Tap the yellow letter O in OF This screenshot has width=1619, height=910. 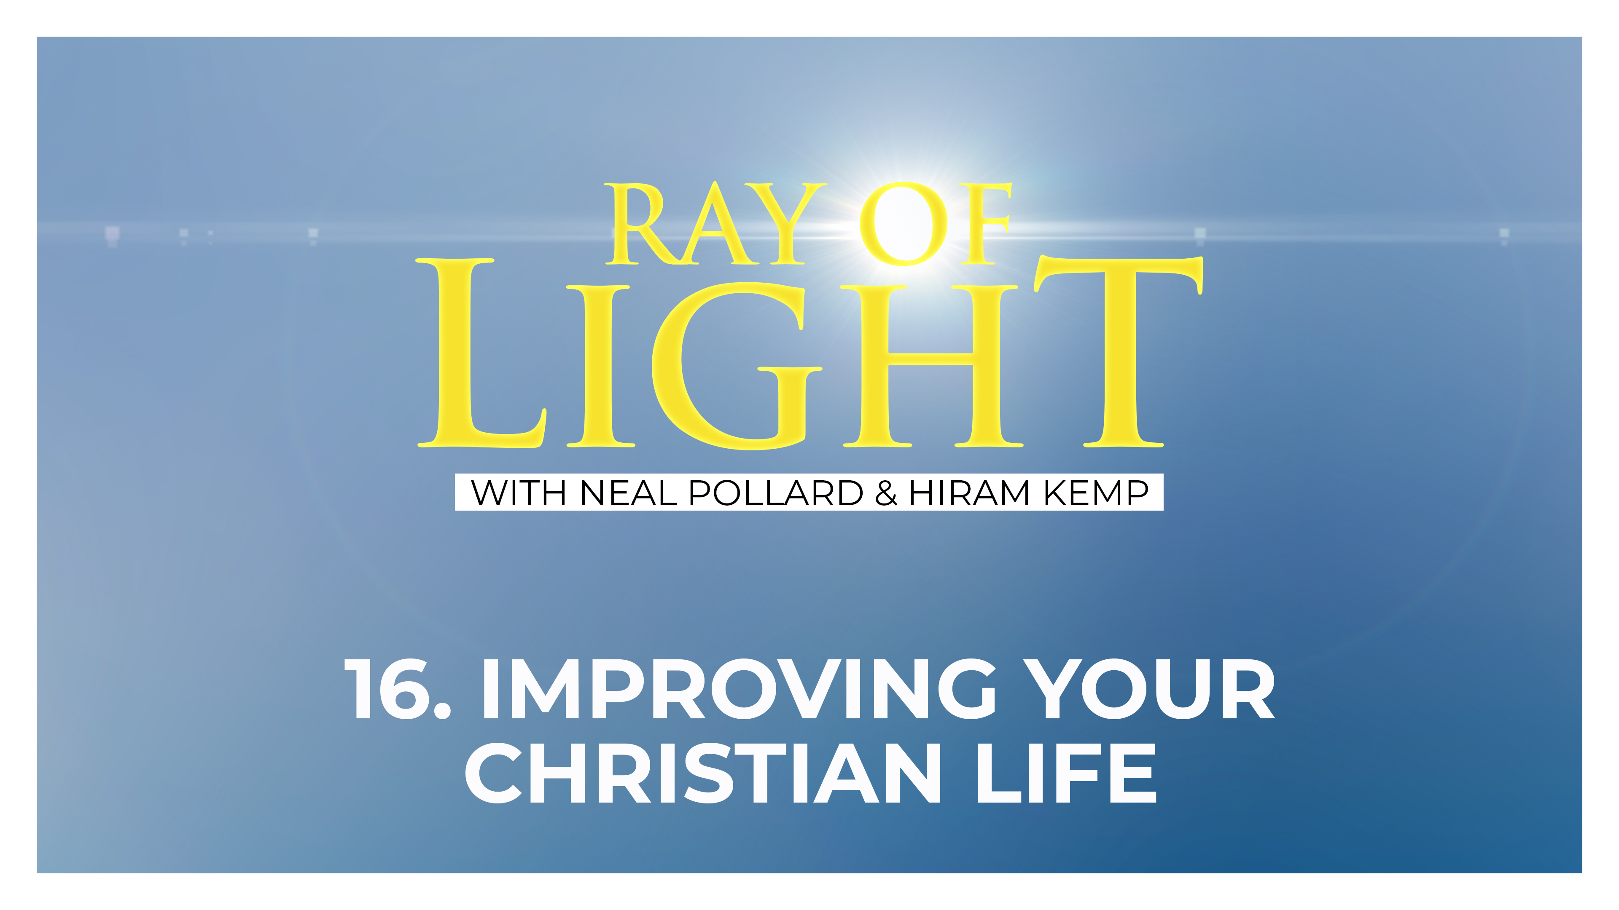coord(903,224)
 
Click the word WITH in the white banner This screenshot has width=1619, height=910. coord(519,493)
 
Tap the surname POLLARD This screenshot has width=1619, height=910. coord(776,493)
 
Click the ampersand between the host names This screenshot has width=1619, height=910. coord(885,493)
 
